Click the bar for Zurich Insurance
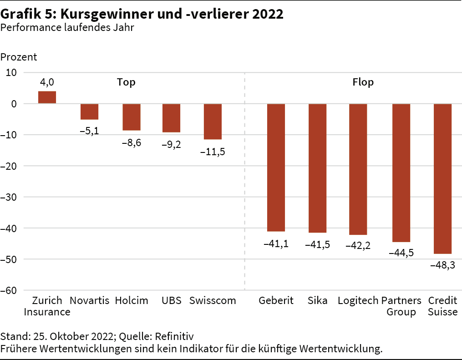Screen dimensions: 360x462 (x=47, y=97)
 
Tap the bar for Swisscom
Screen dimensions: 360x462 (x=213, y=122)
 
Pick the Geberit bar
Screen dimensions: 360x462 (x=276, y=167)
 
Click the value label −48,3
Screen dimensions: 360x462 (x=442, y=265)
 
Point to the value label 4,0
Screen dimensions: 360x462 (x=47, y=82)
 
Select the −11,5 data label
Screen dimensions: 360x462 (x=213, y=152)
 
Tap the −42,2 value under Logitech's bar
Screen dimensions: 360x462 (x=358, y=246)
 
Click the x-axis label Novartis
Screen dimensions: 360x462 (x=90, y=301)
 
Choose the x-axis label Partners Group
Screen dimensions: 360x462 (x=401, y=306)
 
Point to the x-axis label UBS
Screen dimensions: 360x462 (x=171, y=301)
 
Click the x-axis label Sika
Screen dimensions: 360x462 (x=317, y=301)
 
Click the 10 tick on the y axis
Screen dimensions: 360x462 (x=11, y=72)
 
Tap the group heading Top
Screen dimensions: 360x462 (x=126, y=82)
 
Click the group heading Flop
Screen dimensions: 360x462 (x=363, y=82)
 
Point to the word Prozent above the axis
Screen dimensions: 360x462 (x=19, y=57)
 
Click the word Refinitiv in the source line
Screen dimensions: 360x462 (x=174, y=337)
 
